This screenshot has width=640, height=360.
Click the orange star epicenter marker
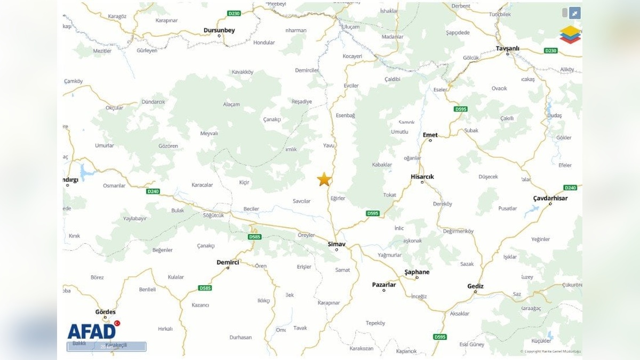(x=324, y=179)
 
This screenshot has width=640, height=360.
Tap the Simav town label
(x=337, y=244)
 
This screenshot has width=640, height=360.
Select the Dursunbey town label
(x=219, y=30)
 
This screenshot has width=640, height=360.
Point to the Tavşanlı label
(x=507, y=48)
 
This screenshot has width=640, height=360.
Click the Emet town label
(x=430, y=135)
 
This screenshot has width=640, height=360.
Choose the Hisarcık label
(x=422, y=177)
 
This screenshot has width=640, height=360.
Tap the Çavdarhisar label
(x=550, y=198)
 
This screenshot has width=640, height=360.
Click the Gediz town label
(x=475, y=286)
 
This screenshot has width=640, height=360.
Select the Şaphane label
(x=417, y=272)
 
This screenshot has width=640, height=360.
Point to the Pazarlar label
(x=384, y=285)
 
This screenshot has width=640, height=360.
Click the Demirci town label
(x=228, y=262)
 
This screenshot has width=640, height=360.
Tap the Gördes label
(x=105, y=312)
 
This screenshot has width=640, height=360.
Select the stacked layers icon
(x=570, y=34)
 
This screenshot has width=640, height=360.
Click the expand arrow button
(x=574, y=13)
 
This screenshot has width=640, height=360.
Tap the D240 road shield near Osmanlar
(x=153, y=191)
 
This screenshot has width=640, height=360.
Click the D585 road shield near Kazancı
(x=205, y=288)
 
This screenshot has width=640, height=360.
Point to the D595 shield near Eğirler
(x=372, y=213)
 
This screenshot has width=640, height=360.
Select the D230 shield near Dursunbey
(x=234, y=13)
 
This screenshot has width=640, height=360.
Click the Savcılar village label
(x=301, y=201)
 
